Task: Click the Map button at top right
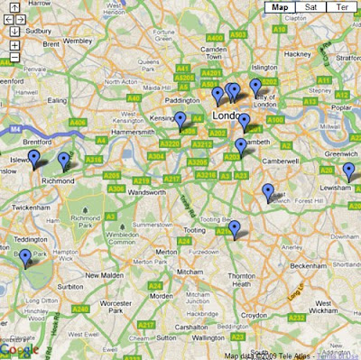point(281,8)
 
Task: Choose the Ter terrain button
point(340,8)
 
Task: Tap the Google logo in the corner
point(18,350)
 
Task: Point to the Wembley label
point(78,41)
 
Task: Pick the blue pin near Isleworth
point(34,159)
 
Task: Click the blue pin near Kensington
point(180,120)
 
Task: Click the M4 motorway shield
point(14,128)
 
